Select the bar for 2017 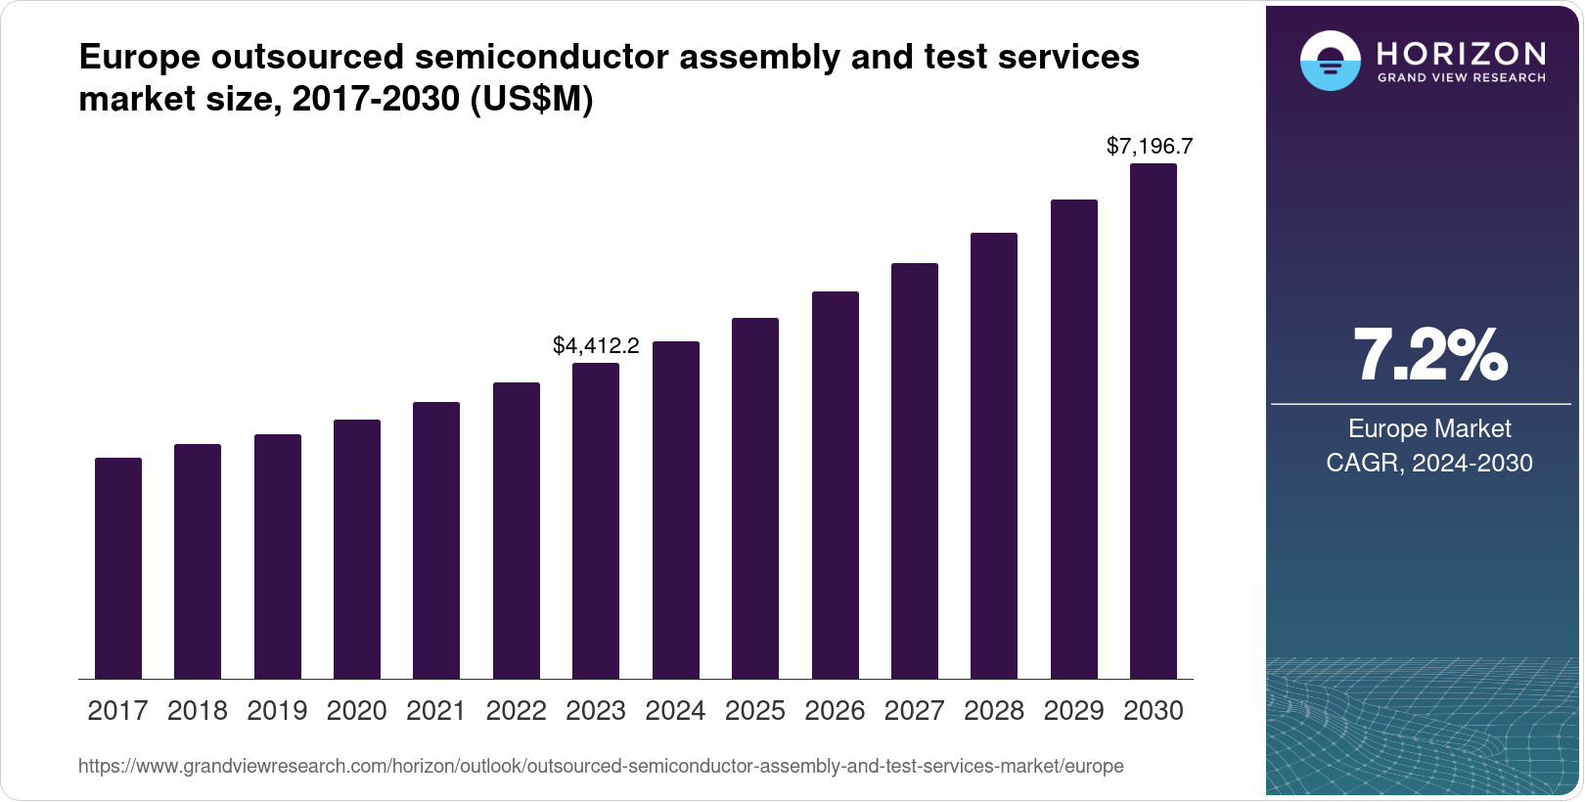pos(118,568)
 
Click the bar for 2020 pos(357,549)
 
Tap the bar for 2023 pos(596,520)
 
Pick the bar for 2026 pos(835,485)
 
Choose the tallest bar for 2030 pos(1154,421)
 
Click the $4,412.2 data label pos(596,345)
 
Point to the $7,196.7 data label pos(1150,147)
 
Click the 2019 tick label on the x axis pos(277,711)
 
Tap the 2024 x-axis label pos(675,711)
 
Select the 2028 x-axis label pos(994,711)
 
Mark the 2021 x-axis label pos(436,711)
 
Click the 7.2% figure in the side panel pos(1429,356)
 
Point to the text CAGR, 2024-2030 pos(1429,463)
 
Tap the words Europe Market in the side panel pos(1429,428)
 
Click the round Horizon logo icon pos(1330,61)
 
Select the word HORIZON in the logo pos(1461,53)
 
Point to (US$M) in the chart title pos(532,99)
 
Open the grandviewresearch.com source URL pos(601,767)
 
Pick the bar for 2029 pos(1073,439)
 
